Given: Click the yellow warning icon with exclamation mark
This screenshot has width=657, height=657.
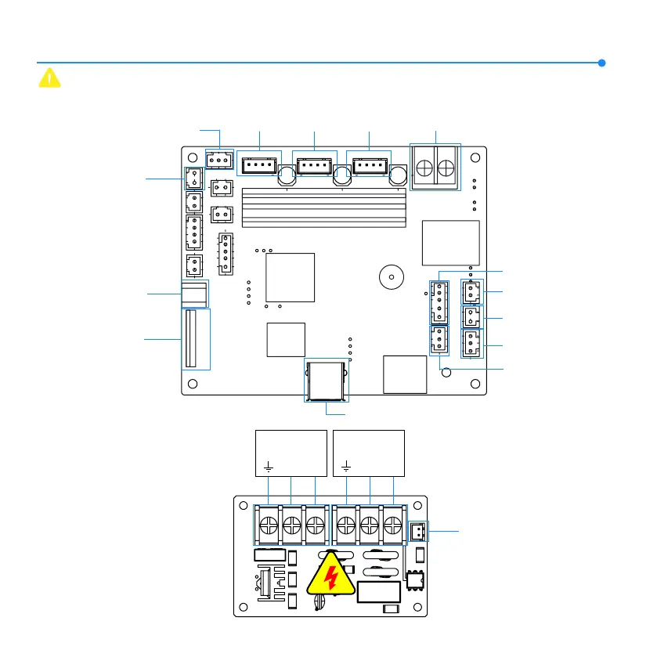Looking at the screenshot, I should [49, 78].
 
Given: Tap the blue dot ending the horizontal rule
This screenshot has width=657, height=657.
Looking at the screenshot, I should [601, 63].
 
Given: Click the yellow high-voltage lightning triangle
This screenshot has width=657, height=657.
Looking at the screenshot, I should [332, 578].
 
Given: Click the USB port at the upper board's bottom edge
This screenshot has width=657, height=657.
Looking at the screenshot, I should [327, 380].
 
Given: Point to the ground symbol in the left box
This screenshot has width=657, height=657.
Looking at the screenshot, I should [269, 467].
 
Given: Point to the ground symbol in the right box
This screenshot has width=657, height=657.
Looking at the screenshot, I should [345, 467].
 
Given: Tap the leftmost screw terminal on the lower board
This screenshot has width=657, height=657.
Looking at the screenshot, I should [269, 524].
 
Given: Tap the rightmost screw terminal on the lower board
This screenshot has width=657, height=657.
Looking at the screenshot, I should [392, 524].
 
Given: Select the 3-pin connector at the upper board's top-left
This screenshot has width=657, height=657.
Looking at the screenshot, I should [218, 160].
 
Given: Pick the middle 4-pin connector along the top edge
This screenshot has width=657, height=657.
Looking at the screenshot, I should [314, 165].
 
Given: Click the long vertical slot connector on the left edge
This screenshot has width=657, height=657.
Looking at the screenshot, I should [189, 338].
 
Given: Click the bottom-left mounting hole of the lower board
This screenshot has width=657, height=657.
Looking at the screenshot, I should [245, 605].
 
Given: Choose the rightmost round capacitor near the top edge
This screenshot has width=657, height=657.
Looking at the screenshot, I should [399, 176].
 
